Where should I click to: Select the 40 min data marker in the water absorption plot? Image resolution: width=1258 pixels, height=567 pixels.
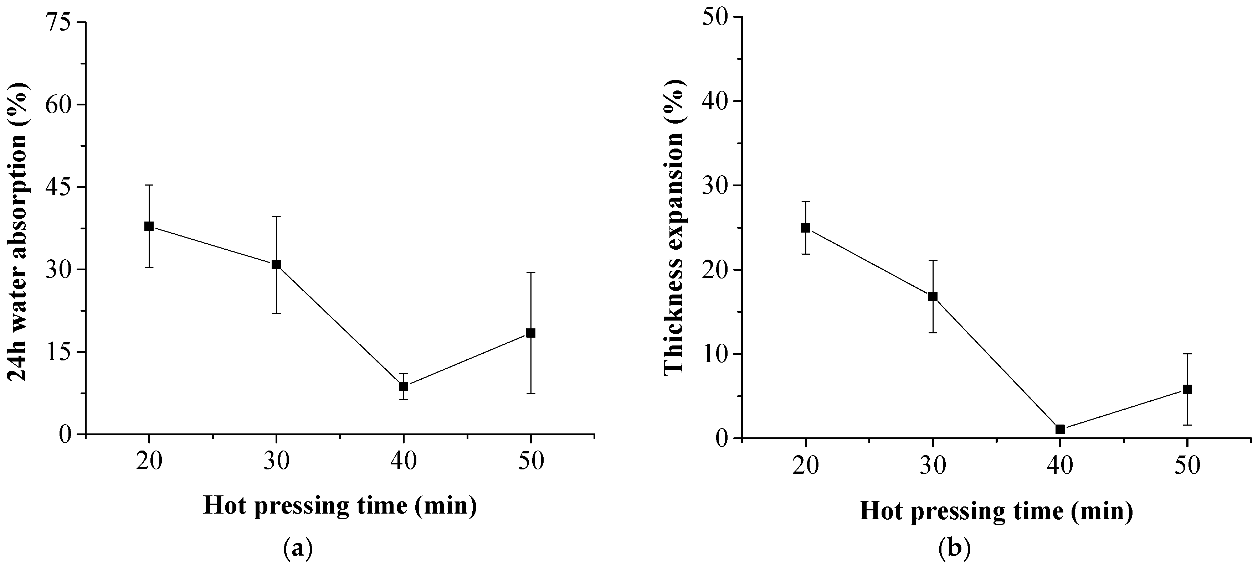pos(404,386)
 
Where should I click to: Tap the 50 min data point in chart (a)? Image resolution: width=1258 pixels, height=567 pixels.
pos(531,333)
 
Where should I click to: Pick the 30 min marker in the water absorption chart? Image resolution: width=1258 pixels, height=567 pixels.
pos(276,265)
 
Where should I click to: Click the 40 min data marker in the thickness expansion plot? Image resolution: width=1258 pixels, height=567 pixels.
pos(1060,430)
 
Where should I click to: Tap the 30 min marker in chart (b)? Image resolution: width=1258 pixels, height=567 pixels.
pos(933,296)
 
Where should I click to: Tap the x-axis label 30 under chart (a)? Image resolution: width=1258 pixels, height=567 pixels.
pos(276,461)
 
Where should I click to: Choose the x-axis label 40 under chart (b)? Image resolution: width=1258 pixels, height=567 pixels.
pos(1060,465)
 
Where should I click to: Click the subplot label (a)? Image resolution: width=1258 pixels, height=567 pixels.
pos(297,548)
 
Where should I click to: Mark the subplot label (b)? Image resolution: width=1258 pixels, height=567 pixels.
pos(954,548)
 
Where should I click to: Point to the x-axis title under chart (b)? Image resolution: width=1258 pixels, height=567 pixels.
pos(996,511)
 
